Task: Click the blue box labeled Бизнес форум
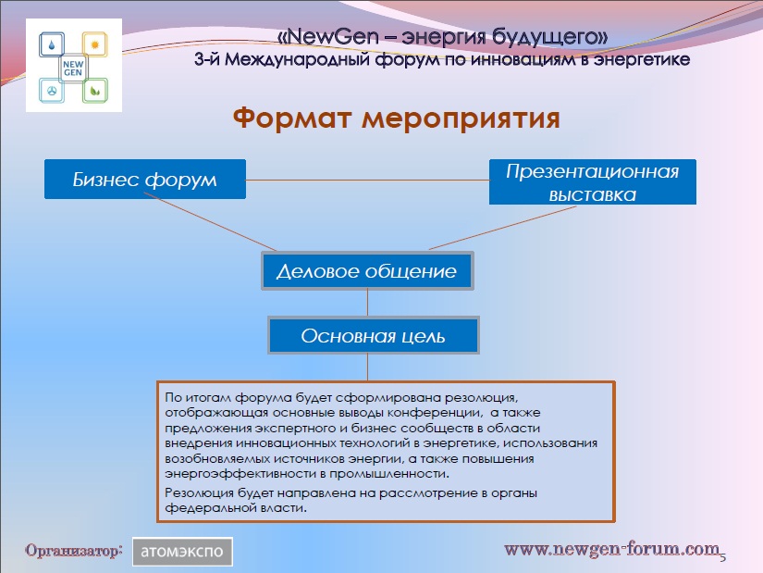[x=145, y=179]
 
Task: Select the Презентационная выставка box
[x=593, y=181]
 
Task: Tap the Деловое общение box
[x=367, y=271]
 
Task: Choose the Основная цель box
[x=374, y=335]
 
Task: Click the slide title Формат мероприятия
[x=396, y=118]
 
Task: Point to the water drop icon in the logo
[x=52, y=45]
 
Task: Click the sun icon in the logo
[x=95, y=44]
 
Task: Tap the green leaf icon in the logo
[x=95, y=90]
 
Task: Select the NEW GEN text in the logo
[x=73, y=69]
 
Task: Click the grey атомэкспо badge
[x=182, y=552]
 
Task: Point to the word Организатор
[x=73, y=551]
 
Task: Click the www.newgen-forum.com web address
[x=611, y=549]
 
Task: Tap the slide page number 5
[x=722, y=556]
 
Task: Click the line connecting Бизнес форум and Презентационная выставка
[x=367, y=181]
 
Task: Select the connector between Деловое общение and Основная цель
[x=367, y=303]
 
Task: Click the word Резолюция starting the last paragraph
[x=199, y=492]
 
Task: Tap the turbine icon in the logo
[x=52, y=91]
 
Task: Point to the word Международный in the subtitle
[x=298, y=59]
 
